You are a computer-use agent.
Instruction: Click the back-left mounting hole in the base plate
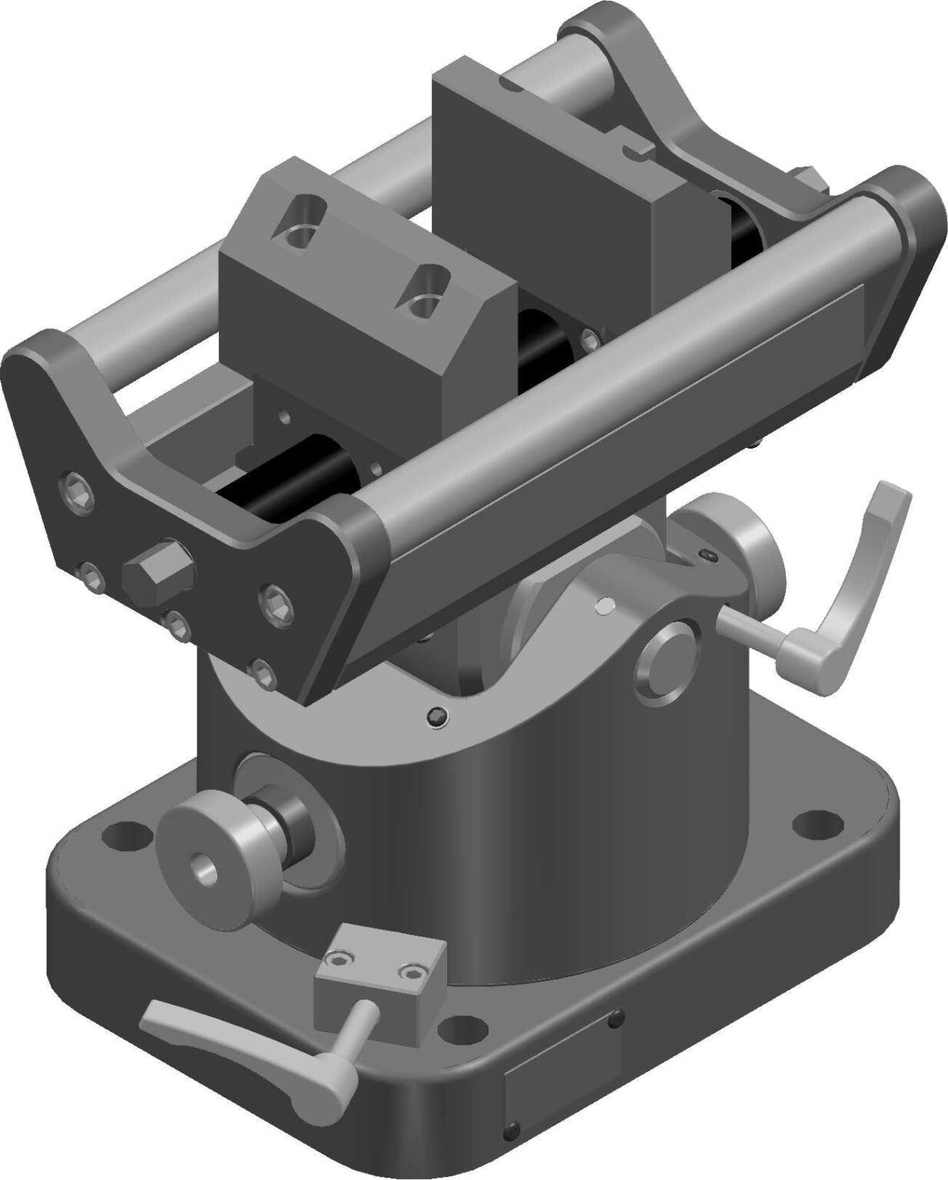[x=124, y=834]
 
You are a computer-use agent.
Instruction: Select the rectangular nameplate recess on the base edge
[x=560, y=1083]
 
